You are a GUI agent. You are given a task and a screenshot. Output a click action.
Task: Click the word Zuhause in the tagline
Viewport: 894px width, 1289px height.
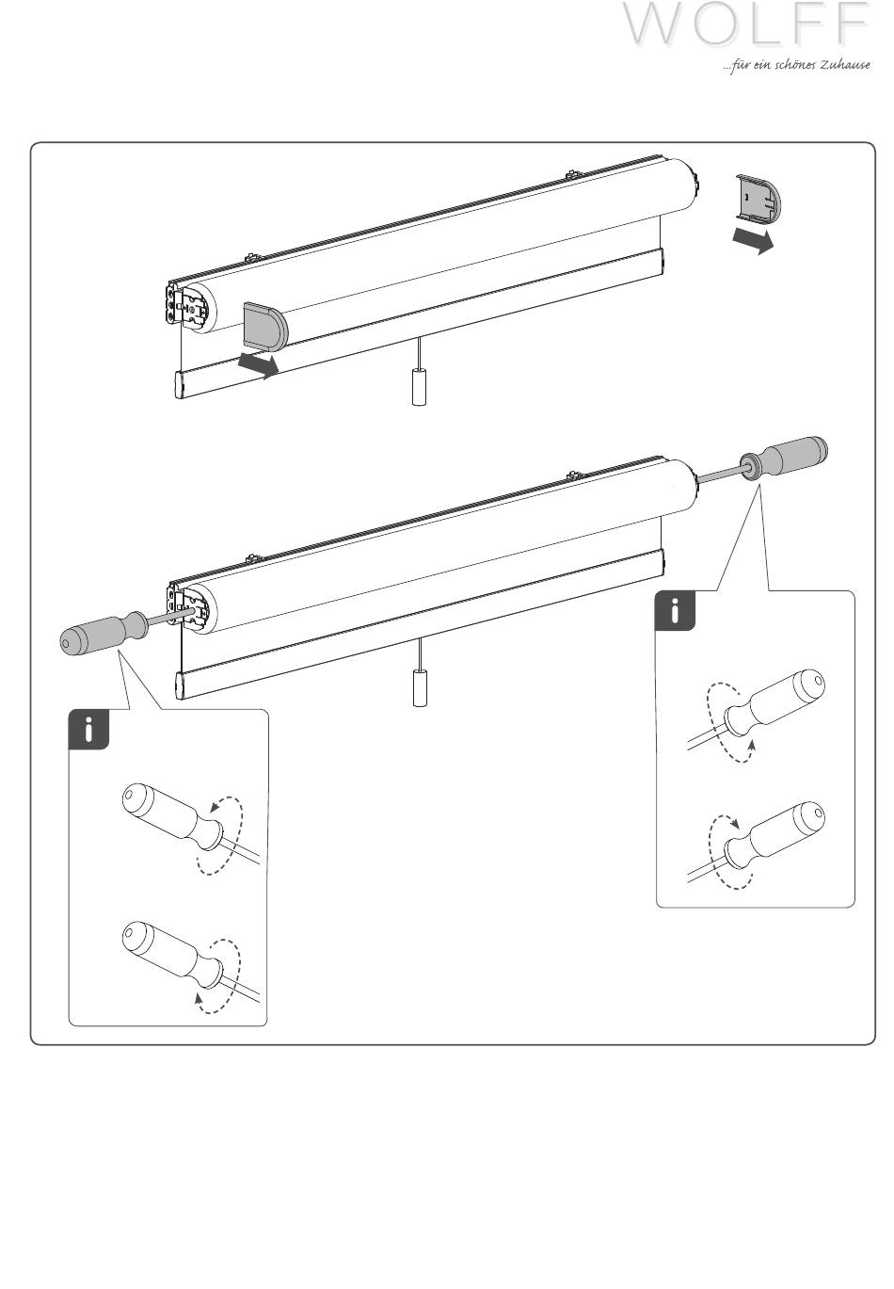(x=844, y=65)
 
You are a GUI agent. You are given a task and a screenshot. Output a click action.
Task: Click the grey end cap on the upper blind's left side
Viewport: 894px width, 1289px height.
(x=265, y=326)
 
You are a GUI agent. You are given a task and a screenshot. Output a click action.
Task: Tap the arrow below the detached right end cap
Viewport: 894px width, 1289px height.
(x=753, y=240)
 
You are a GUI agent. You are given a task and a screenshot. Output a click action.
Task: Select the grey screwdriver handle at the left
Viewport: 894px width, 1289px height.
(x=104, y=633)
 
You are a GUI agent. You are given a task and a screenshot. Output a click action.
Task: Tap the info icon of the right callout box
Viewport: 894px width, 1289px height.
(x=675, y=610)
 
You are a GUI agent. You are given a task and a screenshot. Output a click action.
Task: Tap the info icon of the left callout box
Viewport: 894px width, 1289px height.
(x=88, y=730)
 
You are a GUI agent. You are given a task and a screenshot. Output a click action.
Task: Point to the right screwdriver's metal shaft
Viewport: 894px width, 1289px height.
(x=719, y=470)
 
